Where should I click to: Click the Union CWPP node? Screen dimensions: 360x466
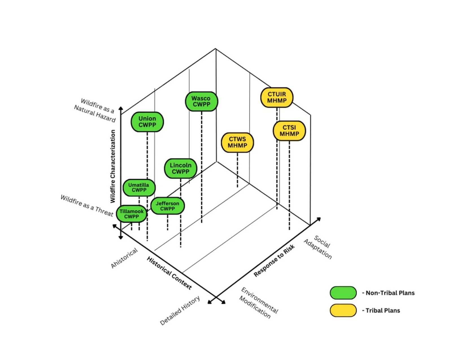pyautogui.click(x=147, y=122)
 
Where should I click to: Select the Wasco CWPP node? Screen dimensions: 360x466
pyautogui.click(x=201, y=101)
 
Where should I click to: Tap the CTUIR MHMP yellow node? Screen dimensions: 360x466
pyautogui.click(x=277, y=97)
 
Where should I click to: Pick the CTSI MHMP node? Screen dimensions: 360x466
pyautogui.click(x=289, y=131)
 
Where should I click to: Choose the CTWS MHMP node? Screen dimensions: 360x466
pyautogui.click(x=237, y=142)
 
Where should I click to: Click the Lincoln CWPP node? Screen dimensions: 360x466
pyautogui.click(x=180, y=168)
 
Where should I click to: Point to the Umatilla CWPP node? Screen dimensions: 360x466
pyautogui.click(x=139, y=187)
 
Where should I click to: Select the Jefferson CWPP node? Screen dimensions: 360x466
pyautogui.click(x=167, y=206)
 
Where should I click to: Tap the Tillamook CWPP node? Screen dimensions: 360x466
pyautogui.click(x=132, y=214)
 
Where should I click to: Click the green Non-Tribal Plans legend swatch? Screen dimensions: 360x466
pyautogui.click(x=343, y=293)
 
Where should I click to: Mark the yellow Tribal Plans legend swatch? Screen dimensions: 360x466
pyautogui.click(x=343, y=310)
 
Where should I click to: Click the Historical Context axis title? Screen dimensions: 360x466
pyautogui.click(x=169, y=273)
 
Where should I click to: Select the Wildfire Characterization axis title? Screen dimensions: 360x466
pyautogui.click(x=113, y=166)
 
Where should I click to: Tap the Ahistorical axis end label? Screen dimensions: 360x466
pyautogui.click(x=124, y=258)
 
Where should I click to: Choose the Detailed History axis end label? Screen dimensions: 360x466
pyautogui.click(x=180, y=311)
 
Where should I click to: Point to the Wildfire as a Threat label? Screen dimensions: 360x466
pyautogui.click(x=87, y=206)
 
